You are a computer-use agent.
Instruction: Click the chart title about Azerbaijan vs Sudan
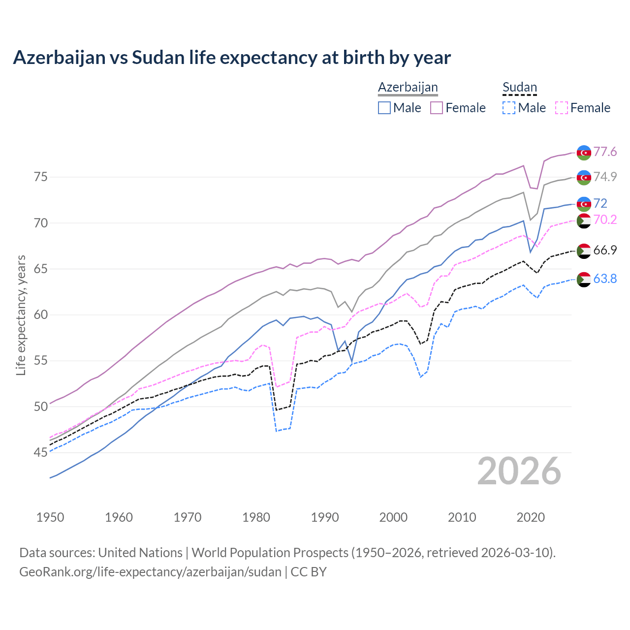232,58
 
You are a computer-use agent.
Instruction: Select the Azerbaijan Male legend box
384,108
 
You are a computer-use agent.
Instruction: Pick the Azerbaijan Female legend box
437,108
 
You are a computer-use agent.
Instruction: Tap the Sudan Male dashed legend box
509,108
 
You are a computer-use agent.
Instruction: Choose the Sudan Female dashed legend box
561,108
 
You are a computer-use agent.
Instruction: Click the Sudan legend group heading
519,88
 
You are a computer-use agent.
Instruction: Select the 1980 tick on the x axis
256,517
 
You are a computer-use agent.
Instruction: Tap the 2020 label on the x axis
531,517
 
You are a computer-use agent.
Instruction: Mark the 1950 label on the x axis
50,517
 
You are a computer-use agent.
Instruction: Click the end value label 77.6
605,152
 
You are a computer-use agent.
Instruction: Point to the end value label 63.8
605,279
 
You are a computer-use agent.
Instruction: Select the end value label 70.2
605,220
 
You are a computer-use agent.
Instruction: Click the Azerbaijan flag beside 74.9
584,177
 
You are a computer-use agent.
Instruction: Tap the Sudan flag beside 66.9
584,251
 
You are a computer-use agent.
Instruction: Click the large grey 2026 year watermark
519,471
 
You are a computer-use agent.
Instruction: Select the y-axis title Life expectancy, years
21,315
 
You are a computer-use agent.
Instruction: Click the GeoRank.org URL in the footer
150,572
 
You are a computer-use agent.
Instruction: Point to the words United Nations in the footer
140,552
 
